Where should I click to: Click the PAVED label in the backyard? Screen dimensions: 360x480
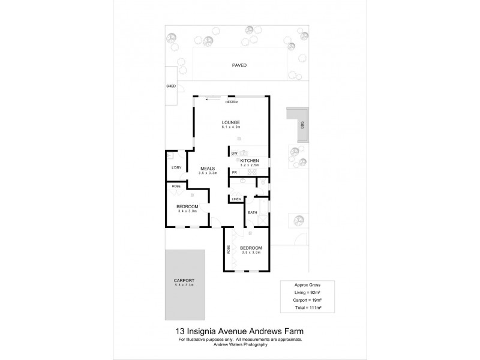click(239, 65)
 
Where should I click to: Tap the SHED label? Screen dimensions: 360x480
click(171, 86)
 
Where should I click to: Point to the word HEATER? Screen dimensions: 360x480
click(231, 102)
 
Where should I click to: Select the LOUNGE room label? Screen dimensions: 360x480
click(231, 122)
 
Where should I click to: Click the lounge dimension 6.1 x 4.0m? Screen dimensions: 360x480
click(231, 127)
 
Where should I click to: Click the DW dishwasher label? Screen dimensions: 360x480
click(235, 154)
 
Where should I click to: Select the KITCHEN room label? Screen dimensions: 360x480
click(250, 161)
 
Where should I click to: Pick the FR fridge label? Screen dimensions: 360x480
click(234, 173)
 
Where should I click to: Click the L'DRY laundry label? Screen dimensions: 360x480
click(176, 167)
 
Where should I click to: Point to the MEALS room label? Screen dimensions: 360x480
click(207, 169)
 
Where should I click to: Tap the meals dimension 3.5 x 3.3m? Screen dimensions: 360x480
click(207, 173)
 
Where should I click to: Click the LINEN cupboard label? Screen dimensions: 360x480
click(236, 199)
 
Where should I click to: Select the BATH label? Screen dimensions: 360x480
click(253, 212)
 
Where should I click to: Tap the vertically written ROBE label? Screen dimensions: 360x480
click(229, 248)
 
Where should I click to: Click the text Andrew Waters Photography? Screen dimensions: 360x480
click(240, 344)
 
